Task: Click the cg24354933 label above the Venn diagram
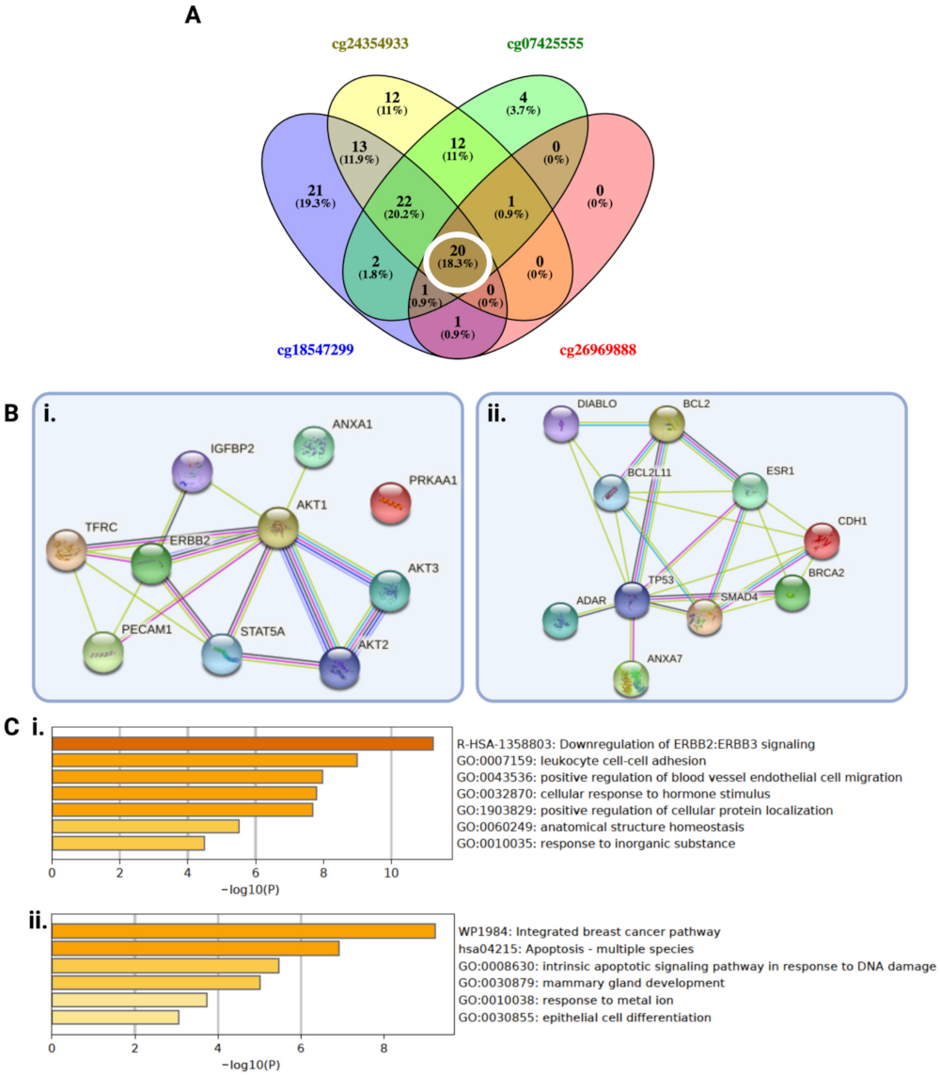pos(371,44)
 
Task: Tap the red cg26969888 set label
pos(598,350)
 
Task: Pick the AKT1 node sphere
pos(277,529)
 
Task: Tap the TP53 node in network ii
pos(633,600)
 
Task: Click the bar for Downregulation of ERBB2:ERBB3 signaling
pos(243,744)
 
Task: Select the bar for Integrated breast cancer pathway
pos(243,931)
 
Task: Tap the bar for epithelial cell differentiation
pos(115,1018)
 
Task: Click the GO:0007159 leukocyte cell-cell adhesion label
pos(575,761)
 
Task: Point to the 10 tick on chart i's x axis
pos(392,875)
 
